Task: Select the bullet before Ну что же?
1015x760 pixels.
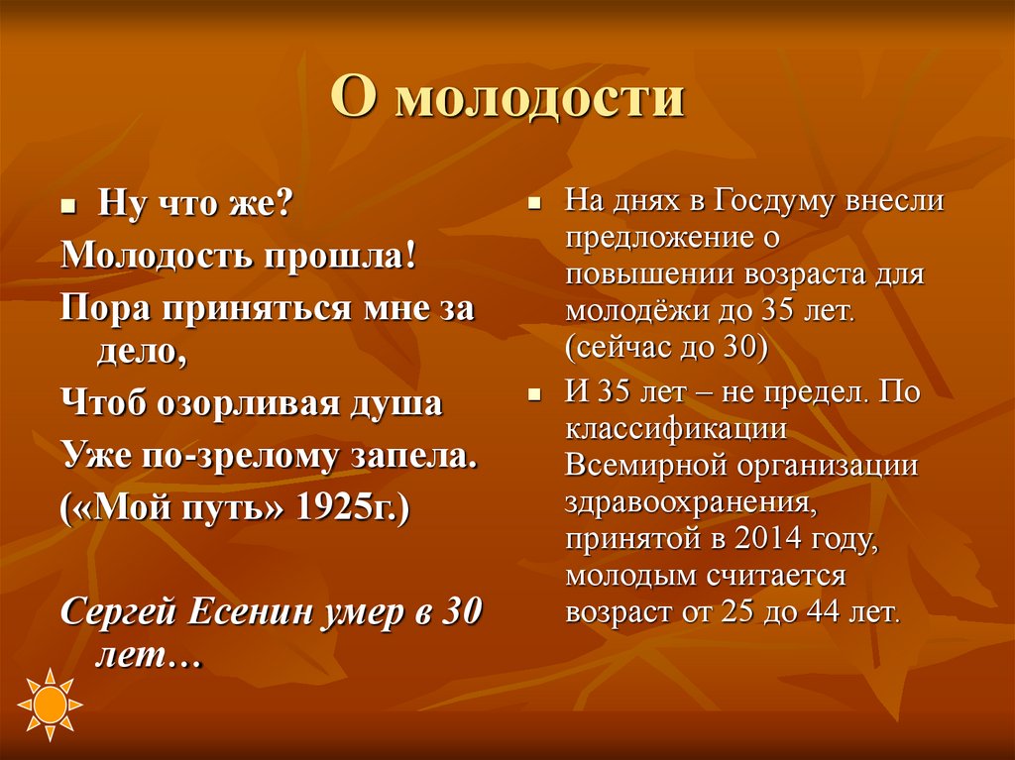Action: pos(68,208)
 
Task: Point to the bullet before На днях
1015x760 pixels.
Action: pos(533,205)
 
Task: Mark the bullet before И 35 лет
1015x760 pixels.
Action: pos(533,394)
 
